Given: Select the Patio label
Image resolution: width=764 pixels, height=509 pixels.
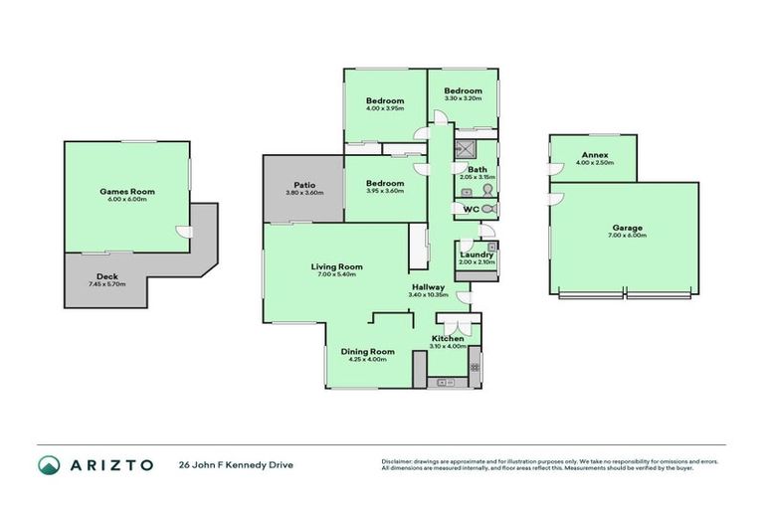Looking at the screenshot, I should (304, 184).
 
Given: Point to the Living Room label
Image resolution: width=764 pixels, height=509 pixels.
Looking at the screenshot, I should (336, 266).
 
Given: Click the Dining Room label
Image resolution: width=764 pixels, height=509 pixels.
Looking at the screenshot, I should (368, 351).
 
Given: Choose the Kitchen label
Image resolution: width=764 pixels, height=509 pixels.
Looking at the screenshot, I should (448, 339).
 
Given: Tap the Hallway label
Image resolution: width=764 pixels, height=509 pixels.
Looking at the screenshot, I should (429, 286).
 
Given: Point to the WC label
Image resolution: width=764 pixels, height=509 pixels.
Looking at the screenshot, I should (471, 209).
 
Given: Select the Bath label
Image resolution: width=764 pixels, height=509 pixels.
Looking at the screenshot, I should (477, 169).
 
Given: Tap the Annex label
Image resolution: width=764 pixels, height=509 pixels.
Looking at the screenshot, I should (595, 156).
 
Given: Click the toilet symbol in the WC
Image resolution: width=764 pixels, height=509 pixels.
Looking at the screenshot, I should (488, 209).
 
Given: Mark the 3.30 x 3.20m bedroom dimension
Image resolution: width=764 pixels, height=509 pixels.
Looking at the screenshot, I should (463, 99).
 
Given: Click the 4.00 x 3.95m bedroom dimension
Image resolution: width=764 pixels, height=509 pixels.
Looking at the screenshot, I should (384, 109).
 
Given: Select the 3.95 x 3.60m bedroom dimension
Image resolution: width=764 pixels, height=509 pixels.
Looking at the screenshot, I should (384, 191).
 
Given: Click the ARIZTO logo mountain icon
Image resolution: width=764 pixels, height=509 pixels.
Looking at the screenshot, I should (49, 464).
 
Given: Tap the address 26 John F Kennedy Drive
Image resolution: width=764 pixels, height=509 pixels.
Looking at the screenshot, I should (236, 464).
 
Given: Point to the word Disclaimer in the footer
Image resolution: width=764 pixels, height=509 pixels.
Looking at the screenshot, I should (400, 460).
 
